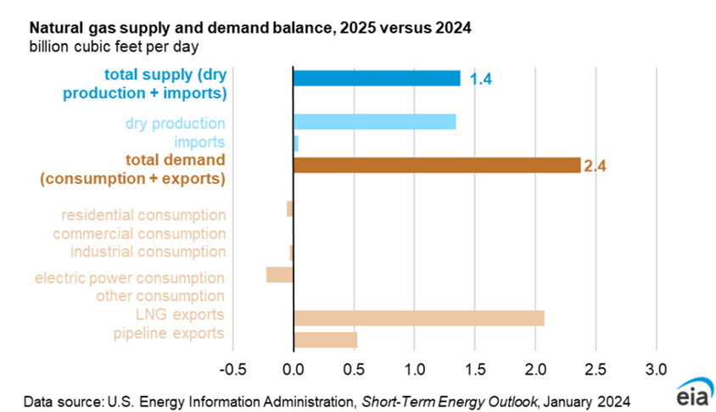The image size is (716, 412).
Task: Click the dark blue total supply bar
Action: [377, 79]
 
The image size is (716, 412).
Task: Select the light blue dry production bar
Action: [374, 122]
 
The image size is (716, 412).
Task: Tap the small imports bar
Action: [296, 143]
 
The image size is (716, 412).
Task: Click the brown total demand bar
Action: [437, 165]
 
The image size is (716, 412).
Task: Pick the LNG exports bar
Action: [419, 318]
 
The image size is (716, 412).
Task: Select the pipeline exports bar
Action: [325, 340]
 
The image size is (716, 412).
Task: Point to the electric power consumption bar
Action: [279, 275]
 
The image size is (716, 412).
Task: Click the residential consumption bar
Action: [290, 209]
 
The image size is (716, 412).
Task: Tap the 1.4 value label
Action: [480, 79]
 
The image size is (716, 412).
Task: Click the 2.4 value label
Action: [595, 166]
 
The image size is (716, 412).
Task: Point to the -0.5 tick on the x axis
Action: [233, 369]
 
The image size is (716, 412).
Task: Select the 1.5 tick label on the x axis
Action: [475, 369]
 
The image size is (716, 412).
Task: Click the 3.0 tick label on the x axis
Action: [656, 369]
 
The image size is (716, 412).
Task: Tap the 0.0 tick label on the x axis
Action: [294, 369]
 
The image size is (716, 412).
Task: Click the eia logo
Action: [695, 391]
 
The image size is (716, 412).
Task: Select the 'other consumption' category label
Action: [160, 296]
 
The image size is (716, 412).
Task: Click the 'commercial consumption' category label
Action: [139, 234]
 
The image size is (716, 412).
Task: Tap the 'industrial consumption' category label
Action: [148, 252]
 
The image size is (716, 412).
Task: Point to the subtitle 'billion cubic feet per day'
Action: [115, 47]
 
